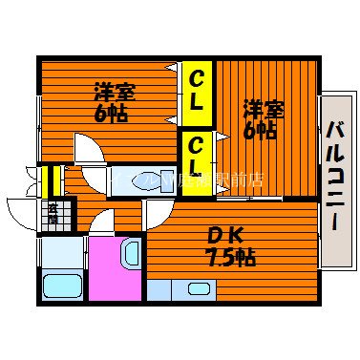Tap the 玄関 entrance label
[53, 214]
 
